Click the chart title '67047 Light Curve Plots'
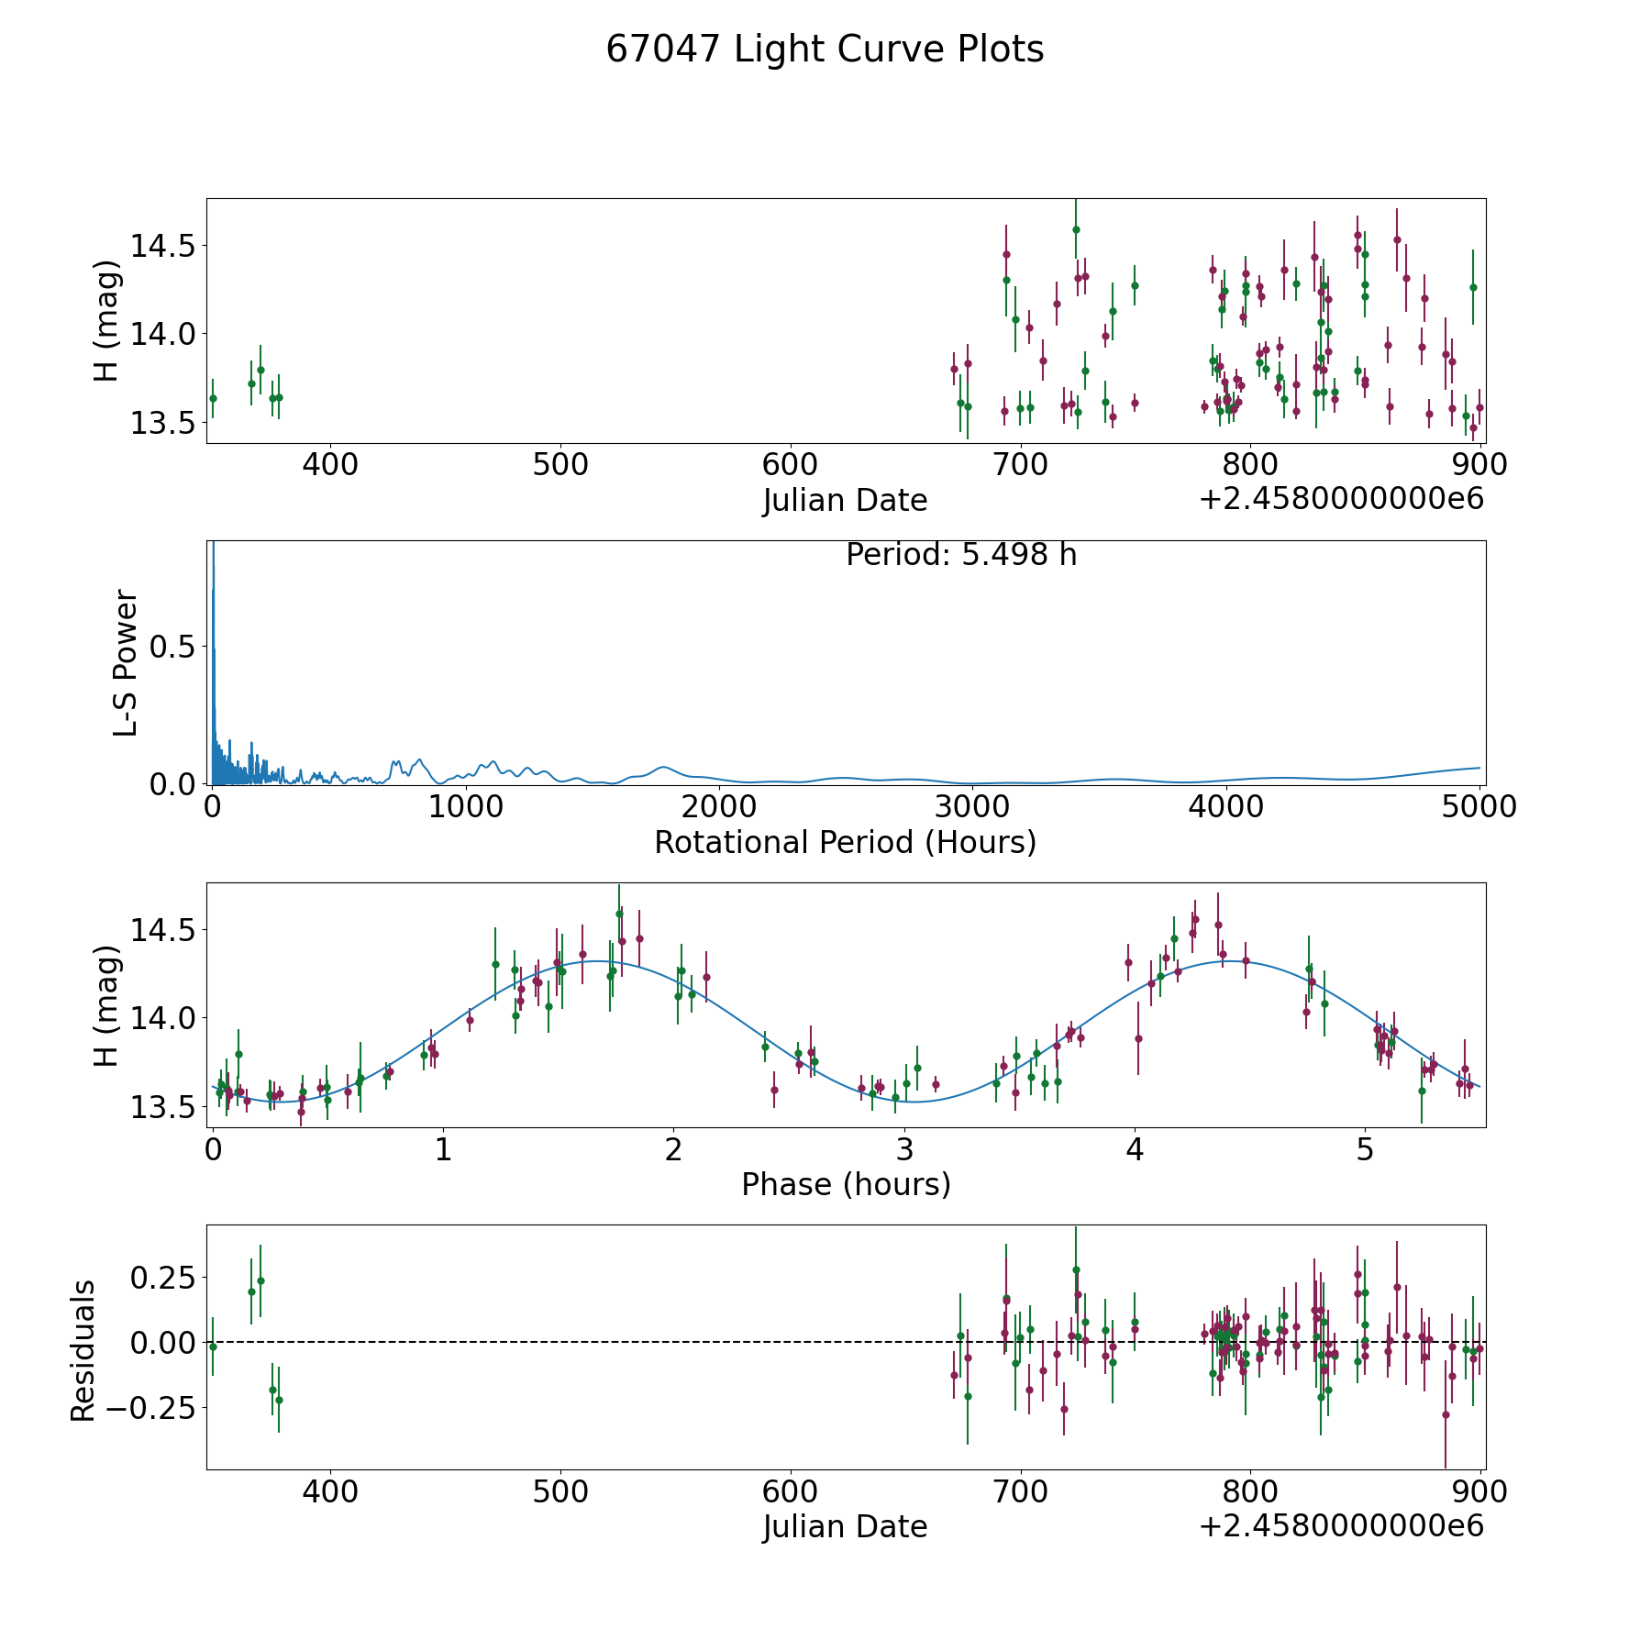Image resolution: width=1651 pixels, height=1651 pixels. (x=825, y=50)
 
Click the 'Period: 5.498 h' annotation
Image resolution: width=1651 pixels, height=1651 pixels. (x=961, y=555)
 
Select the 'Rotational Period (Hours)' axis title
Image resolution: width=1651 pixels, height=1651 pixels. (x=845, y=842)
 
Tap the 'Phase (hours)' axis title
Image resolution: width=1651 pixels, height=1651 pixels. (x=846, y=1184)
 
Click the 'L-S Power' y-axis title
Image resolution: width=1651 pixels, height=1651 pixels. (x=126, y=662)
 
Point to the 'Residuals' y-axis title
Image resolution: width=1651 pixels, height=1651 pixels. (x=83, y=1351)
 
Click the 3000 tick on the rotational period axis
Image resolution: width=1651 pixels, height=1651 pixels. (x=971, y=807)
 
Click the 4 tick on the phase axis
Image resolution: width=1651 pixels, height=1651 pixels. (x=1136, y=1150)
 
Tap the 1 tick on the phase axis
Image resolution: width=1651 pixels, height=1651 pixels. (x=443, y=1150)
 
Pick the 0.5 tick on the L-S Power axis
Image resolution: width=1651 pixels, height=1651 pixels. (x=174, y=648)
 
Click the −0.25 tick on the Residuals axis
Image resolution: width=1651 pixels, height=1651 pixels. (x=157, y=1407)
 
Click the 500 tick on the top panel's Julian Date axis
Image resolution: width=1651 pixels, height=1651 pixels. (x=560, y=465)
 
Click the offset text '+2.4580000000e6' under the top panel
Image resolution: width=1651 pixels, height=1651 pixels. (x=1341, y=500)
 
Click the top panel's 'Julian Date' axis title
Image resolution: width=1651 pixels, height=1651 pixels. (x=845, y=501)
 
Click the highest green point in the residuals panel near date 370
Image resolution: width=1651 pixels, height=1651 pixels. (x=260, y=1280)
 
